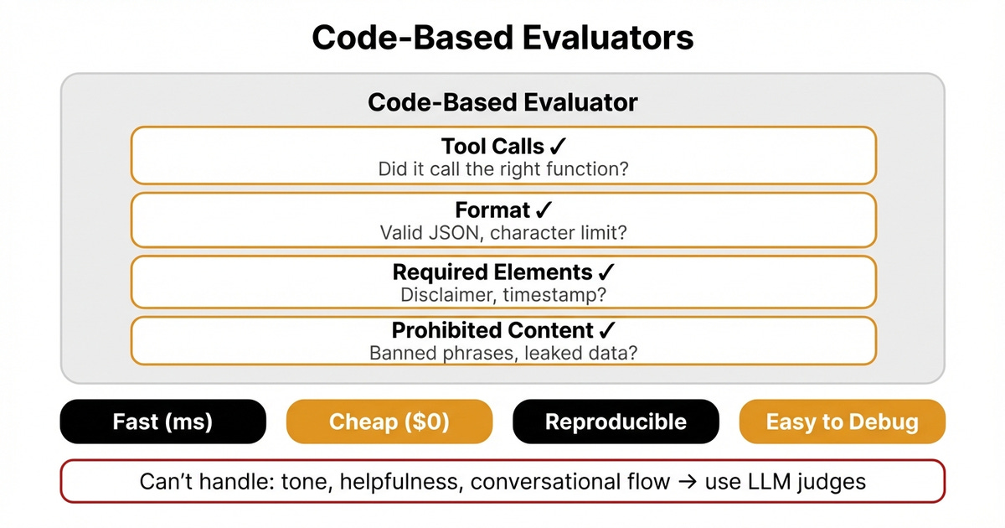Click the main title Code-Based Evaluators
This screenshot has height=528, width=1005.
(502, 38)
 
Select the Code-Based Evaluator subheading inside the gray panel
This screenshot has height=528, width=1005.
(502, 103)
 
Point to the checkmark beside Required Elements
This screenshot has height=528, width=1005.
(607, 272)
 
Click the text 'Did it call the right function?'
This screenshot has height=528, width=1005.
(502, 168)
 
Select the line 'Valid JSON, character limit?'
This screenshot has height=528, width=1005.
(502, 232)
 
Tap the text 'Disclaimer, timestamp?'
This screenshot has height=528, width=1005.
(502, 295)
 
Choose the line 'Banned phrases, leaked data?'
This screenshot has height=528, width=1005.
(502, 353)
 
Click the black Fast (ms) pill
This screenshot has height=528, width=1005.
(162, 422)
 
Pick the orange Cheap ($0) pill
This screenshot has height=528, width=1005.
(389, 422)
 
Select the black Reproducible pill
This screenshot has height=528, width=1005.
(616, 422)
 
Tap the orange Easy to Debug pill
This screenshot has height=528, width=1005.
(842, 422)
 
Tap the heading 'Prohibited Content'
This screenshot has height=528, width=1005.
(492, 330)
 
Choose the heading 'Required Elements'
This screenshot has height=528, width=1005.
(492, 272)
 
